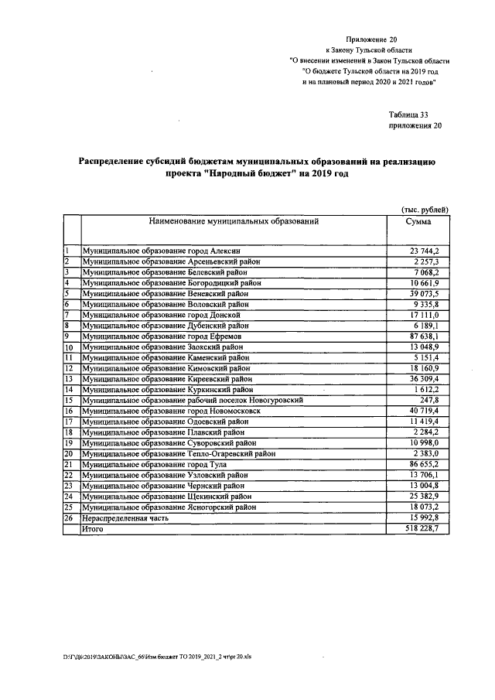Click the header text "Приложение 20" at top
[373, 38]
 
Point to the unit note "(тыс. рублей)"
[425, 210]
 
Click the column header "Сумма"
[418, 221]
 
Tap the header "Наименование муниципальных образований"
[234, 221]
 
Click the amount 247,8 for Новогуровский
[429, 401]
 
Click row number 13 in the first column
[68, 379]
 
